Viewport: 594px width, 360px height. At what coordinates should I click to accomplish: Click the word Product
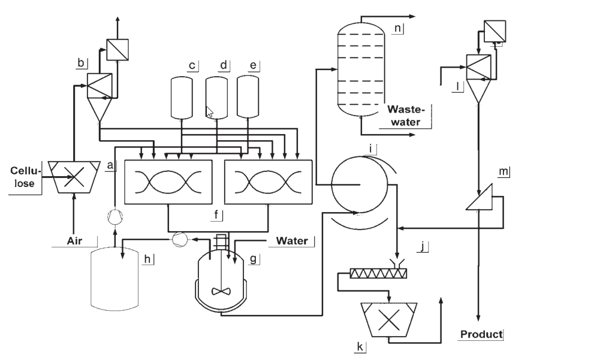point(481,334)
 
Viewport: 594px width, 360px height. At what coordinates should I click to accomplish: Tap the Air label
point(74,241)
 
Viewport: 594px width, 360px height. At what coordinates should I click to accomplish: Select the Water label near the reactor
point(292,241)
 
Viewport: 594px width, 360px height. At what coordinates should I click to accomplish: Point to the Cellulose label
point(25,177)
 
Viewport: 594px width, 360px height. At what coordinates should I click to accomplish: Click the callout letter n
point(397,28)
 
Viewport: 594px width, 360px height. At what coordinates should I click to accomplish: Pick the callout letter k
point(360,346)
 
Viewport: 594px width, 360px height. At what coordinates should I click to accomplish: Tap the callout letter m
point(503,171)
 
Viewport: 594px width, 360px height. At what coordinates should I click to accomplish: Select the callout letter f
point(216,214)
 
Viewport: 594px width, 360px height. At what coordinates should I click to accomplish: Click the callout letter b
point(81,62)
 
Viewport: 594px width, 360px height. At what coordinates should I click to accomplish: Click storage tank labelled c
point(182,98)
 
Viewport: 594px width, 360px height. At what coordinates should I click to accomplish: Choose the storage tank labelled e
point(248,97)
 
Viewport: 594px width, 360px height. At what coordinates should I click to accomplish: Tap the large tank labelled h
point(115,279)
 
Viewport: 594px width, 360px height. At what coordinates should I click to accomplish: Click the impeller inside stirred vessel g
point(221,292)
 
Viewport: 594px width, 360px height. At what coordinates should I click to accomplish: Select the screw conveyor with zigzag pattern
point(378,273)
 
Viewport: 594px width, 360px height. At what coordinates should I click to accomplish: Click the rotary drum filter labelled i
point(360,184)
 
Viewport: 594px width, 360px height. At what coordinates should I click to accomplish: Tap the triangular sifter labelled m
point(479,197)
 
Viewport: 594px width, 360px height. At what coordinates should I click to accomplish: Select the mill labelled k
point(389,319)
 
